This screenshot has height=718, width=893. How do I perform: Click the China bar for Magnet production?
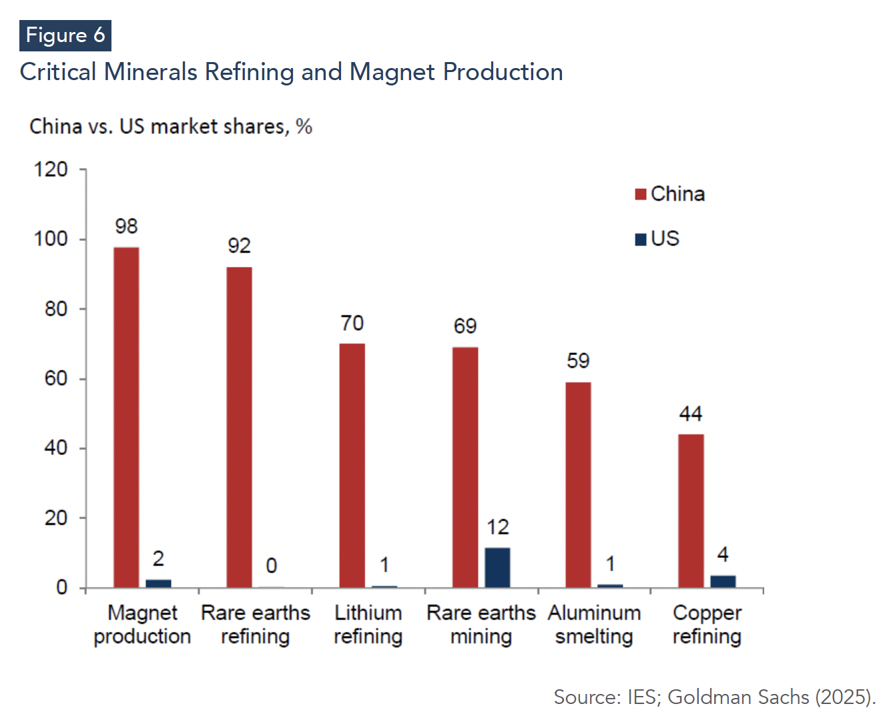pyautogui.click(x=126, y=417)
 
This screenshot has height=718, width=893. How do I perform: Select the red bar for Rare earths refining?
pyautogui.click(x=239, y=427)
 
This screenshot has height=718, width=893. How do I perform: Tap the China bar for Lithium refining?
pyautogui.click(x=352, y=465)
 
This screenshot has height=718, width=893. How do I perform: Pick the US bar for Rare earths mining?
pyautogui.click(x=497, y=567)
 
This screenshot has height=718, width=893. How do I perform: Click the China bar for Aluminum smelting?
pyautogui.click(x=578, y=484)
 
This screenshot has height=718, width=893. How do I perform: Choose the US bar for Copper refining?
pyautogui.click(x=723, y=581)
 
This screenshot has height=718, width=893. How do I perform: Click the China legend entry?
pyautogui.click(x=669, y=194)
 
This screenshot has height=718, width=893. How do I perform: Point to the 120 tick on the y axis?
pyautogui.click(x=51, y=169)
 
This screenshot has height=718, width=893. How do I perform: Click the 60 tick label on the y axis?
pyautogui.click(x=56, y=378)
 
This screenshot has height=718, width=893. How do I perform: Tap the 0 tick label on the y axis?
pyautogui.click(x=61, y=587)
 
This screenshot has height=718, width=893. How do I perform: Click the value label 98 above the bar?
pyautogui.click(x=126, y=226)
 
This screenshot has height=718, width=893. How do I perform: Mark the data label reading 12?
pyautogui.click(x=497, y=527)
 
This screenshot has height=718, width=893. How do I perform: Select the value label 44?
pyautogui.click(x=691, y=414)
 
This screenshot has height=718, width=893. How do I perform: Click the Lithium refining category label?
pyautogui.click(x=368, y=625)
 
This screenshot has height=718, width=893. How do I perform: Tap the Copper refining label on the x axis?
pyautogui.click(x=707, y=625)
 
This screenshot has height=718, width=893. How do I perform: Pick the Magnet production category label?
pyautogui.click(x=142, y=625)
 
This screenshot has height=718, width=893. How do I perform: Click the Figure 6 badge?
pyautogui.click(x=65, y=35)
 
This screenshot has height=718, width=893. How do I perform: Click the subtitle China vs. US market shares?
pyautogui.click(x=171, y=126)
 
